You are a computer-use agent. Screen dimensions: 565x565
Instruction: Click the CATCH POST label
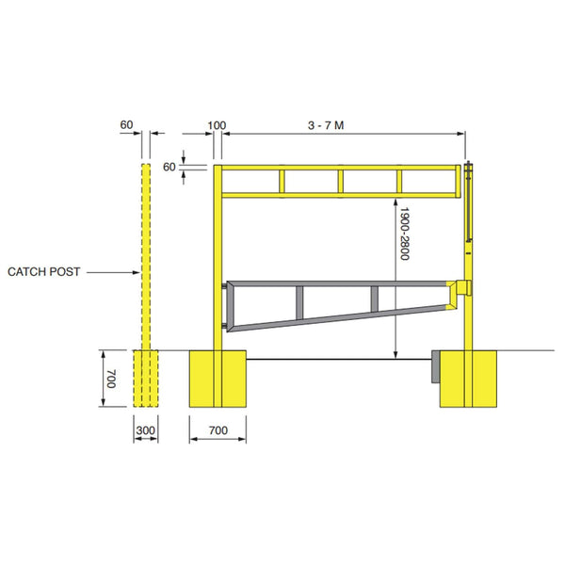pyautogui.click(x=44, y=271)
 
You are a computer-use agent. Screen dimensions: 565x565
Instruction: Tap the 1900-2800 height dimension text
pyautogui.click(x=404, y=234)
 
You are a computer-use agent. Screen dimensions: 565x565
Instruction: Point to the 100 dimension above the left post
pyautogui.click(x=217, y=124)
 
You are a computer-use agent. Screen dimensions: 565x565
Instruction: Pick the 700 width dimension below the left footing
pyautogui.click(x=218, y=429)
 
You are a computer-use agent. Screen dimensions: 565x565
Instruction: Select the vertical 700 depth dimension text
pyautogui.click(x=110, y=379)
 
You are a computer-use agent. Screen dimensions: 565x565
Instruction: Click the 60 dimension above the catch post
pyautogui.click(x=127, y=124)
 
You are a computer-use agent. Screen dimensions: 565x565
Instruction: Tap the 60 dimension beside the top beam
pyautogui.click(x=169, y=167)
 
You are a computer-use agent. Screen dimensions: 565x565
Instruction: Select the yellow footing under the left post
pyautogui.click(x=218, y=379)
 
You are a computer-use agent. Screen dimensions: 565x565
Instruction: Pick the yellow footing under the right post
pyautogui.click(x=468, y=379)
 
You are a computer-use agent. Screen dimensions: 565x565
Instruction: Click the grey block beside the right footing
pyautogui.click(x=435, y=367)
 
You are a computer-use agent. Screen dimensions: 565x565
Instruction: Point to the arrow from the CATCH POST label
pyautogui.click(x=114, y=272)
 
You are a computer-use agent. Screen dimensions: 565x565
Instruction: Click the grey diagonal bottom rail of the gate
pyautogui.click(x=339, y=317)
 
